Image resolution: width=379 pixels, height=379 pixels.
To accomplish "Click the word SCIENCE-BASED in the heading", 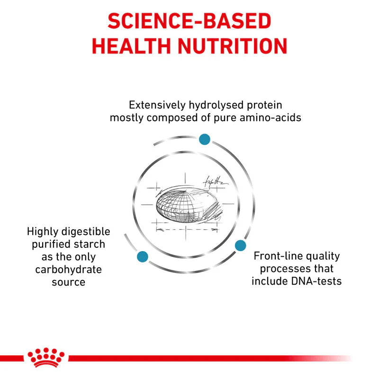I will point(189,21).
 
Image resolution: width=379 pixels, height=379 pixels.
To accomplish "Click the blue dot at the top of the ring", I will point(205,139).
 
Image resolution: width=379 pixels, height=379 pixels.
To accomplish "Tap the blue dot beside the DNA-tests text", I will point(241,245).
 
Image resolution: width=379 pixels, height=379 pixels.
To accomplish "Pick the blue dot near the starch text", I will point(143,257).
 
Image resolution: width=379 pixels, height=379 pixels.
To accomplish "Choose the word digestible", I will point(85,232).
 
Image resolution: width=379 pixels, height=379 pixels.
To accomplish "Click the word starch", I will point(90,244).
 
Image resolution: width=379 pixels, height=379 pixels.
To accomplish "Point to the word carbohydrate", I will point(69,269).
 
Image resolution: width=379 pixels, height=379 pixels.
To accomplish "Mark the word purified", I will point(52,244).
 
